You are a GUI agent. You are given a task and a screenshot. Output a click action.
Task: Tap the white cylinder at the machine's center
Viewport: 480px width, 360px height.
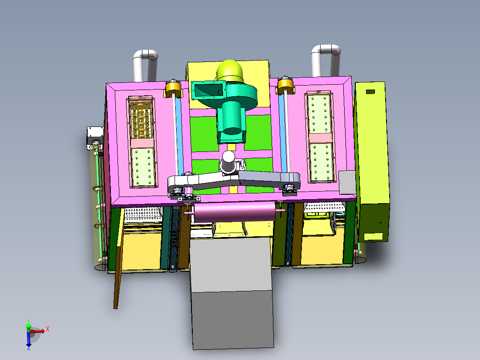[228, 161]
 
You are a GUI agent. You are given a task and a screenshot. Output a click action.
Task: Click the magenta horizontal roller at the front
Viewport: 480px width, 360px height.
[234, 212]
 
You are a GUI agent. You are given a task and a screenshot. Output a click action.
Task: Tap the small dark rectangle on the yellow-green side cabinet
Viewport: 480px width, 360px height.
[370, 92]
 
